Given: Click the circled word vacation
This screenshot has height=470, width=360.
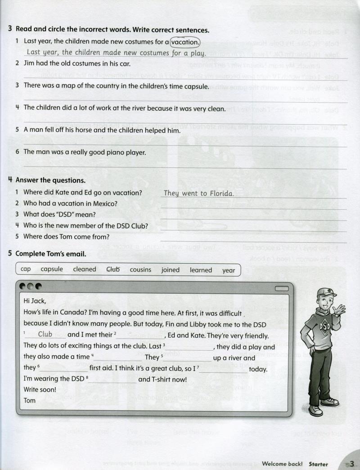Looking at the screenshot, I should pos(185,42).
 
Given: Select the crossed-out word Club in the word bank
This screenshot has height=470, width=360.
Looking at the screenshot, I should pos(113,269).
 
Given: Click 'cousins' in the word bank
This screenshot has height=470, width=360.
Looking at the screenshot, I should pos(140,270).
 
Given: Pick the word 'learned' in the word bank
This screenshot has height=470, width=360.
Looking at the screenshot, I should pos(201,270).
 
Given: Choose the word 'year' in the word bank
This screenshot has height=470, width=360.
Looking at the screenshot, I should pos(229,270).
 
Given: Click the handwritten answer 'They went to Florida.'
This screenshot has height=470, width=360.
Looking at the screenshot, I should pos(198,193).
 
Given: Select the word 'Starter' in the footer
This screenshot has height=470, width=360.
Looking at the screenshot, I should pos(318,464).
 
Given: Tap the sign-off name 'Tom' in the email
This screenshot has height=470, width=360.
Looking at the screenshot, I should pos(29,400).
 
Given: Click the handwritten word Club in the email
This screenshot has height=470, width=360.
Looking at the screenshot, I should pos(45,334).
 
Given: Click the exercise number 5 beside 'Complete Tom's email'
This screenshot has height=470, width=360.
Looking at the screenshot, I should pos(10,253).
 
